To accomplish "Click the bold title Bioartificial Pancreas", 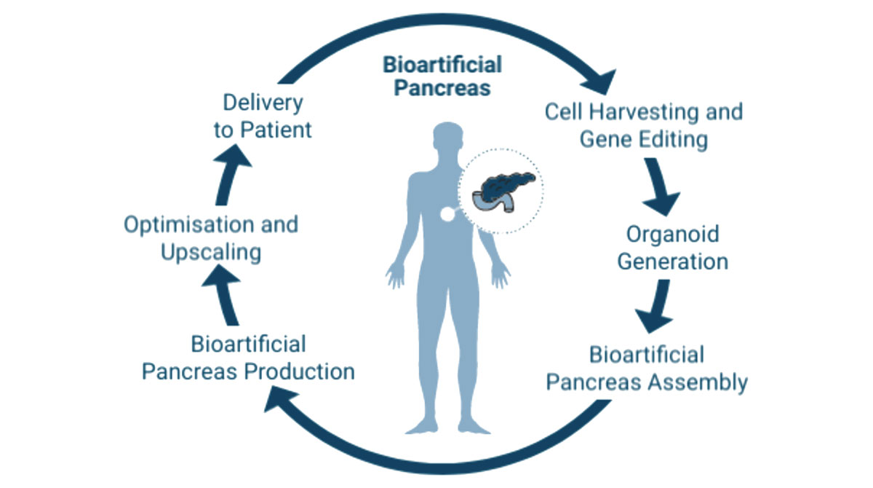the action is click(x=442, y=76).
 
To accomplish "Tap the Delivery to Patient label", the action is click(x=263, y=117).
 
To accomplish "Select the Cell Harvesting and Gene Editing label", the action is click(x=644, y=125).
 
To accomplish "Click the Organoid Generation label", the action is click(x=673, y=248).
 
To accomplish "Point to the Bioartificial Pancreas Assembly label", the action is click(x=647, y=369).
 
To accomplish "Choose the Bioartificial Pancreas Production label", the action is click(x=248, y=358).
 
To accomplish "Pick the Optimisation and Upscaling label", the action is click(x=211, y=238).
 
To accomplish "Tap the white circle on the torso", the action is click(x=448, y=214).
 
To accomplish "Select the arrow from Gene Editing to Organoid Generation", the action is click(x=661, y=186).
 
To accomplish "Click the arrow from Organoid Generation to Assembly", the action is click(x=655, y=306).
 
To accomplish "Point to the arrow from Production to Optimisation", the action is click(x=224, y=294).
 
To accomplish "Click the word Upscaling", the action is click(x=211, y=253).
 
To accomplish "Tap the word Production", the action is click(x=300, y=371).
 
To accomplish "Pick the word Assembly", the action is click(x=698, y=382).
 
